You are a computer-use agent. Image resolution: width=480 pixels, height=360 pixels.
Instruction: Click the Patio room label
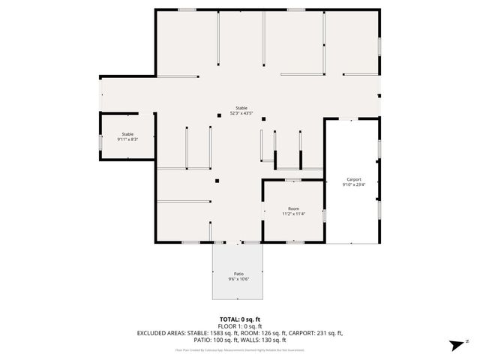pos(238,274)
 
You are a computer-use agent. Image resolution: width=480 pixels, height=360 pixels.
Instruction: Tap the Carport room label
pos(354,179)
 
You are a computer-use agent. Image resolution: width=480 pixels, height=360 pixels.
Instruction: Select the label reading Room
pos(294,208)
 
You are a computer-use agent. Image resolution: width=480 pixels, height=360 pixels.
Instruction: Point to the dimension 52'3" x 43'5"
pos(241,114)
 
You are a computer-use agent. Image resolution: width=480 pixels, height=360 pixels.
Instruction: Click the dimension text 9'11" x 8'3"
pos(127,139)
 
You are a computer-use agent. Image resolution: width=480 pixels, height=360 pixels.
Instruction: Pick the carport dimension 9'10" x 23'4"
pos(354,185)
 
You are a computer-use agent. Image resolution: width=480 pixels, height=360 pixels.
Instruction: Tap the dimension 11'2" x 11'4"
pos(294,214)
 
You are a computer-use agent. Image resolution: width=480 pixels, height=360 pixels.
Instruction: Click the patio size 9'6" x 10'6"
pos(238,280)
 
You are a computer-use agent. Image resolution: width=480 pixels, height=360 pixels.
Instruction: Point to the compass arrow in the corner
pos(455,345)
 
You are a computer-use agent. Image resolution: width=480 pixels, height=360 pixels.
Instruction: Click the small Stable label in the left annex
pos(127,133)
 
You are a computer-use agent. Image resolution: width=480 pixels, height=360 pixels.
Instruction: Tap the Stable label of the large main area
pos(241,108)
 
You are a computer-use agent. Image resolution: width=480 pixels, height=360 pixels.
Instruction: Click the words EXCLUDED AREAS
pos(160,333)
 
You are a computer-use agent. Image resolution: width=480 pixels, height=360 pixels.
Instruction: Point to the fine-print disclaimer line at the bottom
pos(240,349)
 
